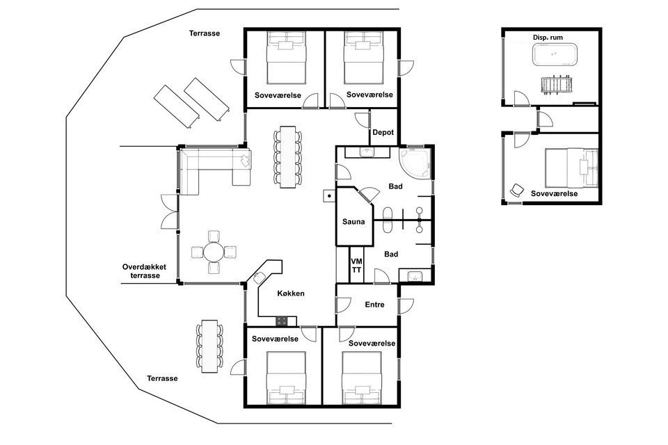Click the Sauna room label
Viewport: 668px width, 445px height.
(x=353, y=222)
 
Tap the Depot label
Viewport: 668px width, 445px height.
(x=383, y=132)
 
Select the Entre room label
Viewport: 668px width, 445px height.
(x=374, y=305)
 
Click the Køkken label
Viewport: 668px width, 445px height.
(x=291, y=293)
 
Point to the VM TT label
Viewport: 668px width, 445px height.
(x=356, y=266)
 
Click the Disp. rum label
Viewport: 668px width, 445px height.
(x=548, y=38)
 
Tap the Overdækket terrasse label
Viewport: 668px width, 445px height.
(x=145, y=271)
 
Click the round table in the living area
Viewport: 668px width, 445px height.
(x=214, y=252)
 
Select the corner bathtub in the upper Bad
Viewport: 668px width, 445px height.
(x=415, y=163)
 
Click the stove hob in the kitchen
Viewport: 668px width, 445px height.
(x=280, y=321)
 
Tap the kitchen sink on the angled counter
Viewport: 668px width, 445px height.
(x=259, y=277)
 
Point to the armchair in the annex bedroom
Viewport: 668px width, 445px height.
(x=516, y=190)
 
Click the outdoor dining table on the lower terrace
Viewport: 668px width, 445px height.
(x=209, y=346)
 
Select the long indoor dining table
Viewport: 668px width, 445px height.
(x=287, y=156)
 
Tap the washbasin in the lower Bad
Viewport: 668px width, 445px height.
(x=414, y=277)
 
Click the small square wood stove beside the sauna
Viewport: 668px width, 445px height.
(x=329, y=196)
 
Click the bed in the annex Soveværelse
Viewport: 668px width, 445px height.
(x=571, y=168)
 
